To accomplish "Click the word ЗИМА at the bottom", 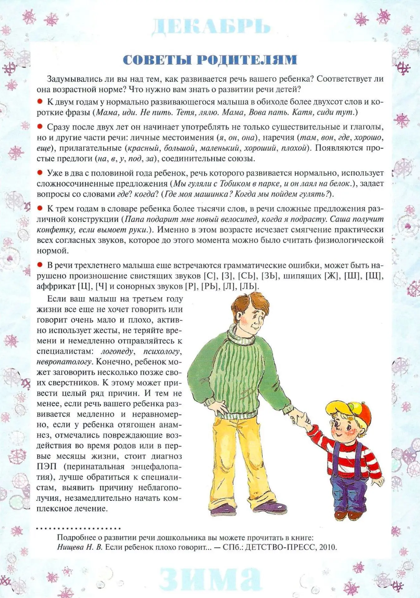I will click(210, 578).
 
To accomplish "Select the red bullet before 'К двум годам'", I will click(40, 101).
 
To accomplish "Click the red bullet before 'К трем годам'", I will click(40, 208).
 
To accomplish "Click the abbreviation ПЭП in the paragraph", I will click(46, 467).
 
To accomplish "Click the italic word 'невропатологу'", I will click(64, 362).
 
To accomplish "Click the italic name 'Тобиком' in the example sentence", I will click(235, 183).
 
